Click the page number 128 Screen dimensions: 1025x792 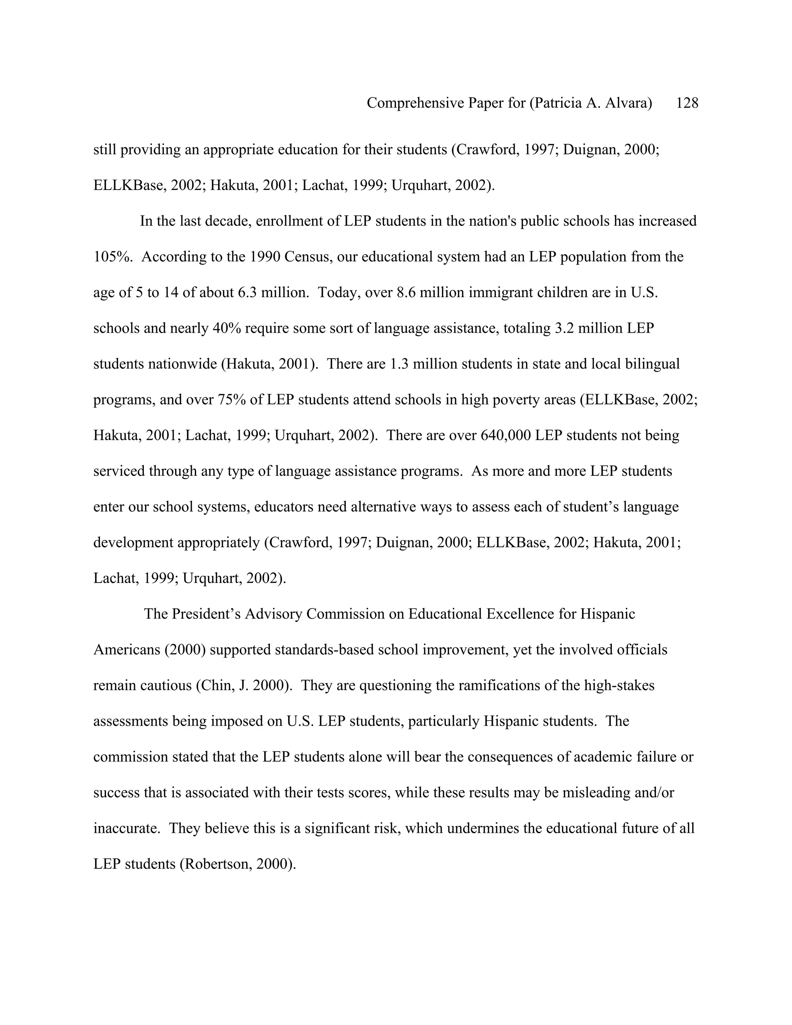point(687,103)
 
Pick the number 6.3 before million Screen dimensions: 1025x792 point(247,292)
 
